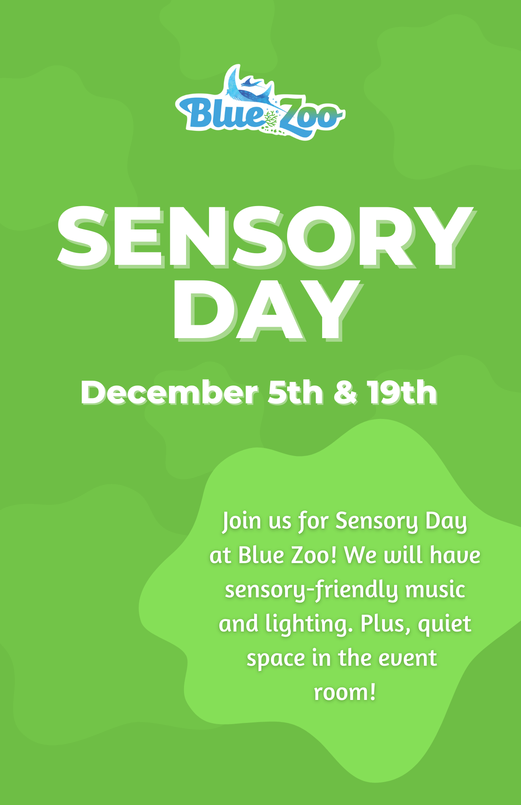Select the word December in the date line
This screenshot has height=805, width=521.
pos(169,392)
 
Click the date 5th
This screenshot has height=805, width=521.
pos(296,392)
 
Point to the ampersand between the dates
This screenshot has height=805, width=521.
pos(345,392)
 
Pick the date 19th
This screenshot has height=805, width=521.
pos(402,392)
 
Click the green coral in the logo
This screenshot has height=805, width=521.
pos(270,120)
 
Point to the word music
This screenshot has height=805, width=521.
pos(435,590)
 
